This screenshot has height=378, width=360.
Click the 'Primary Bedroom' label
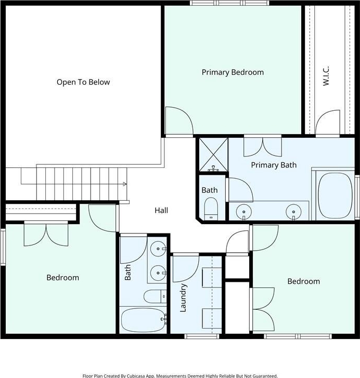[233, 72]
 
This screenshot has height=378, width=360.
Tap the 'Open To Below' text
[83, 82]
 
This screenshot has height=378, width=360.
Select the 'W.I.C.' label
[326, 76]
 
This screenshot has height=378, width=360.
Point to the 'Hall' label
[161, 211]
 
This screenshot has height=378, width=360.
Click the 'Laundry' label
[183, 298]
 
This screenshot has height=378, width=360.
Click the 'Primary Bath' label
[274, 165]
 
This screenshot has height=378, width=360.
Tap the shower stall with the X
[213, 154]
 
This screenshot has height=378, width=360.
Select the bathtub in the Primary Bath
[336, 195]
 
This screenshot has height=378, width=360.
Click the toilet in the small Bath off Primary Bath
[211, 209]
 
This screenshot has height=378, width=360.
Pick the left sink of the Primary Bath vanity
[244, 212]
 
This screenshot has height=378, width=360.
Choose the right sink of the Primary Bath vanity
[293, 212]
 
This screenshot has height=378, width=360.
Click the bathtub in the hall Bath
[144, 320]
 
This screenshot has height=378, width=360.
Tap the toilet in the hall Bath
[155, 296]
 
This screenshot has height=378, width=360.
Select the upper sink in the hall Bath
[158, 249]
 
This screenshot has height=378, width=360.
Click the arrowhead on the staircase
[125, 184]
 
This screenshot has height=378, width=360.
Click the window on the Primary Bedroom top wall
[229, 3]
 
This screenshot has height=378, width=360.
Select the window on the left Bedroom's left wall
[3, 247]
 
